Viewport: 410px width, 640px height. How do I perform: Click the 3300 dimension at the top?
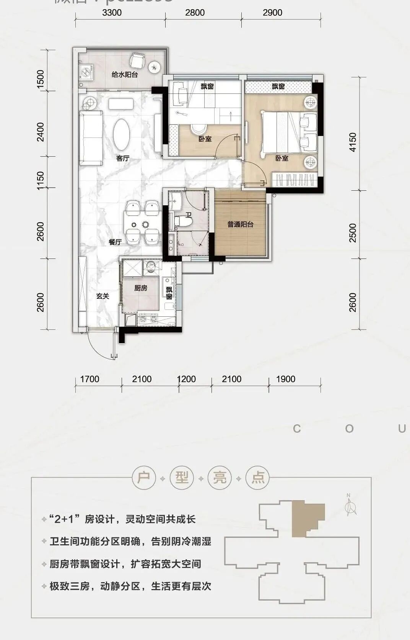click(112, 13)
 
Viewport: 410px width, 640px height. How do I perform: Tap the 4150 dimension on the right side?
click(353, 142)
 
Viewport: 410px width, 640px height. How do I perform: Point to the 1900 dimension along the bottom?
click(286, 379)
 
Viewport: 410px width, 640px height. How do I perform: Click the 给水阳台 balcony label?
click(125, 74)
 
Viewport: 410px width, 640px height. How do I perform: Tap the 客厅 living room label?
click(123, 158)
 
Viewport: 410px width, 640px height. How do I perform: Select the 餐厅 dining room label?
click(115, 242)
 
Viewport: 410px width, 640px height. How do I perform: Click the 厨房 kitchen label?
click(140, 288)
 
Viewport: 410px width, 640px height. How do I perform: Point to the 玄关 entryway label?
click(102, 296)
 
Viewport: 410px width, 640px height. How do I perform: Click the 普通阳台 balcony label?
click(240, 224)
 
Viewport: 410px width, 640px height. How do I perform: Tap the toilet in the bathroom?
click(183, 221)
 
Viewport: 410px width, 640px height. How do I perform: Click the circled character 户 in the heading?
click(144, 478)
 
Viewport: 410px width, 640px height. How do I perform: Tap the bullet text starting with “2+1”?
click(122, 519)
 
